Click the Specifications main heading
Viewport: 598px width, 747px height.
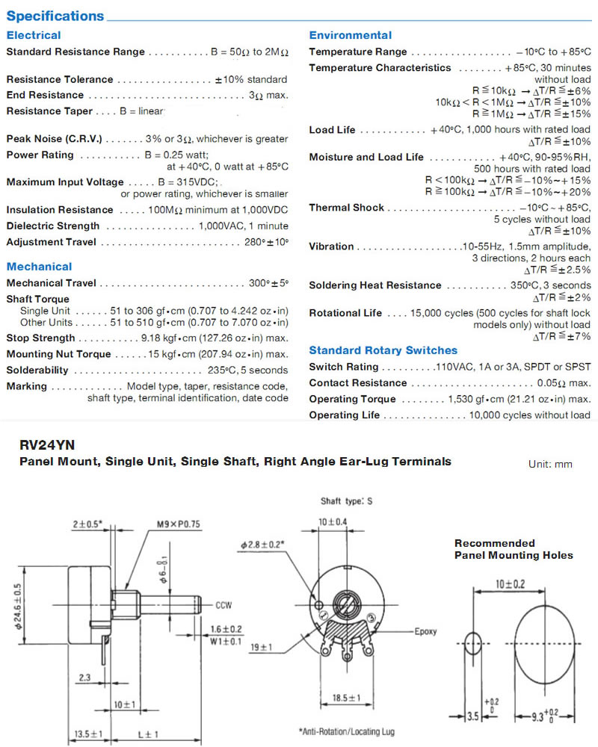click(x=55, y=16)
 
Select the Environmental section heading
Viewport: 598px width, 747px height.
click(x=350, y=35)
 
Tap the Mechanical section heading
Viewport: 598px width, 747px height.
click(x=39, y=266)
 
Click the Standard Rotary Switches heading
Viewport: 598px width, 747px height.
click(x=383, y=350)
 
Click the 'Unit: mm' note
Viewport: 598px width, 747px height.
click(x=550, y=464)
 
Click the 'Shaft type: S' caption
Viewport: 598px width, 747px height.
click(x=346, y=501)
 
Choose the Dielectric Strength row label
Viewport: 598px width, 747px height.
click(x=52, y=226)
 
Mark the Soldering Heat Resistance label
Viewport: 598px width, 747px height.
click(x=375, y=285)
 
